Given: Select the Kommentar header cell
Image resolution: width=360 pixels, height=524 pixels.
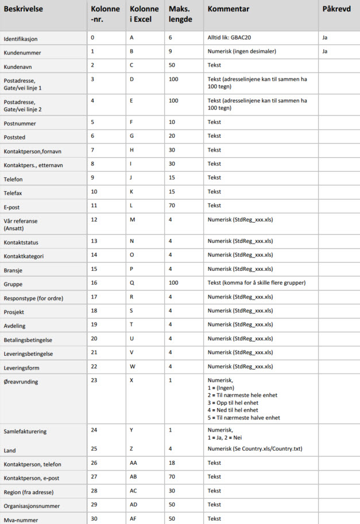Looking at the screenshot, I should click(228, 10).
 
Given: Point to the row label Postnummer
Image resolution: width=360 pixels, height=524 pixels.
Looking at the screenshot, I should click(20, 122).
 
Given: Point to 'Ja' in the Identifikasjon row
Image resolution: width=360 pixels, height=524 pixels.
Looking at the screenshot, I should click(325, 37).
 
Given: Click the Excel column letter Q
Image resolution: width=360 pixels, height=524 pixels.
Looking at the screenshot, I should click(131, 283).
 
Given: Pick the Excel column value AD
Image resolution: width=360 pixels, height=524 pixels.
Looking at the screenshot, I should click(134, 504).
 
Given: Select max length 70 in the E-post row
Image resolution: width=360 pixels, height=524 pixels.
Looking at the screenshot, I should click(172, 205).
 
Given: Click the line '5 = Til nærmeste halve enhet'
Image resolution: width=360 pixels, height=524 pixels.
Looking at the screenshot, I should click(243, 418).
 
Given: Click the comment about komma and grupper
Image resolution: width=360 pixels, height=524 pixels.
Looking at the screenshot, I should click(256, 284).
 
